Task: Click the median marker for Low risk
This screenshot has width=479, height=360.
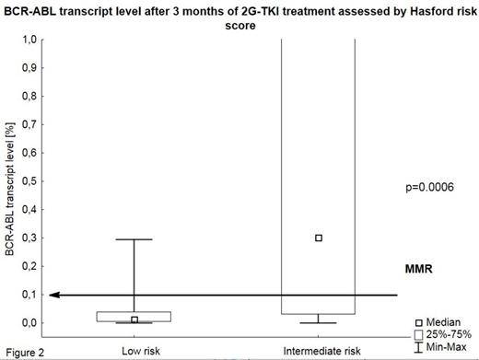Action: [x=134, y=319]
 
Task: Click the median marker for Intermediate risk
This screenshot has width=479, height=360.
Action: [x=319, y=238]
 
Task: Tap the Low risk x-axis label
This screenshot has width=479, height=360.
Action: [x=134, y=351]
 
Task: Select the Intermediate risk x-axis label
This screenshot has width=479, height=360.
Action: [x=318, y=351]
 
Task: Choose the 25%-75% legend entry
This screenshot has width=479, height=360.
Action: [x=448, y=334]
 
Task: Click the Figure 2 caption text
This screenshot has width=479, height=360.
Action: [x=22, y=351]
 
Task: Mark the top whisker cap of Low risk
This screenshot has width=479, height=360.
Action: [x=134, y=239]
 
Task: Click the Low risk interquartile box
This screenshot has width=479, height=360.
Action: [x=134, y=316]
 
